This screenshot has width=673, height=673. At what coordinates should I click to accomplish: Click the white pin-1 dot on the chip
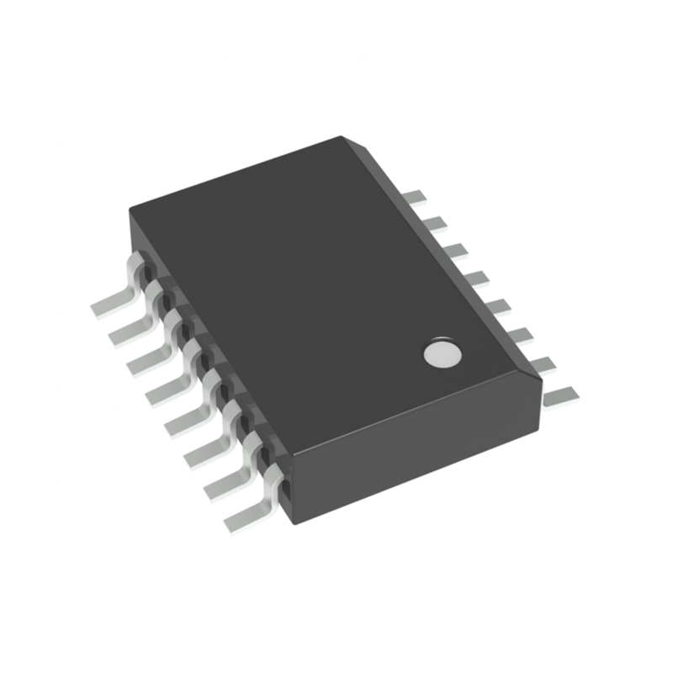coord(442,354)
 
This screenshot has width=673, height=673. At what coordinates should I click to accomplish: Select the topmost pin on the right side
coord(414,198)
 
